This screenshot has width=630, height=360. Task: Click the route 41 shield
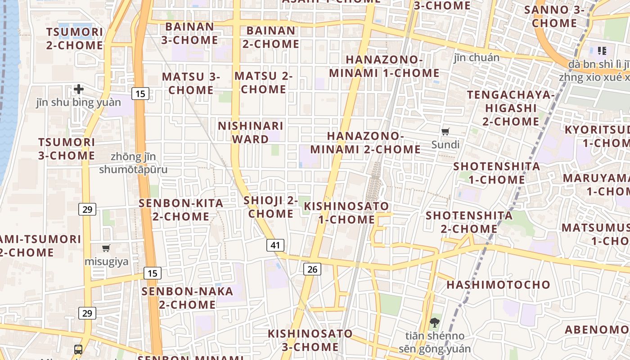[x=275, y=245]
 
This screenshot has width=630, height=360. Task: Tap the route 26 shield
[x=312, y=269]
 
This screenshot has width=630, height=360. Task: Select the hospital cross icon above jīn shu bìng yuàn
[x=79, y=89]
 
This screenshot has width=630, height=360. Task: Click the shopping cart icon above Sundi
[x=445, y=132]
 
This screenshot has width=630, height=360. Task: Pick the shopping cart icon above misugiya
[x=106, y=248]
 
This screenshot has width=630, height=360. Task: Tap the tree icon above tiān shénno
[x=434, y=322]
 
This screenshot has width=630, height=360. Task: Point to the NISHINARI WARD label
[x=251, y=132]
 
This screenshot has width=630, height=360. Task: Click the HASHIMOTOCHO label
[x=498, y=285]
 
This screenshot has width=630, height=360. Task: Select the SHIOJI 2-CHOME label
[x=270, y=207]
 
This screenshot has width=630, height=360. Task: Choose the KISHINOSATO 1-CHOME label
[x=346, y=213]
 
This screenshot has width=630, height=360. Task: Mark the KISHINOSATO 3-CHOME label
[x=310, y=340]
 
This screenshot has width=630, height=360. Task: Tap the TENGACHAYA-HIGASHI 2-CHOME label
[x=511, y=108]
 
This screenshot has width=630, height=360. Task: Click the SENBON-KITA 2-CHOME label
[x=181, y=210]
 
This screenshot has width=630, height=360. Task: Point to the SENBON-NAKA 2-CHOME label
[x=187, y=298]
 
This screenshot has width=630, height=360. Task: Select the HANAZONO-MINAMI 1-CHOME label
[x=384, y=66]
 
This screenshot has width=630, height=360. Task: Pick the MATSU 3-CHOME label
[x=191, y=83]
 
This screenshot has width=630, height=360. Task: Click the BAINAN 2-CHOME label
[x=271, y=37]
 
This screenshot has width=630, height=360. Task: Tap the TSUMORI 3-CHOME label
[x=67, y=149]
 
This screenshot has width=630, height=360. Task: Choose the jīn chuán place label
[x=476, y=58]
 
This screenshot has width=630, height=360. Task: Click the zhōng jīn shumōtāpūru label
[x=133, y=163]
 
